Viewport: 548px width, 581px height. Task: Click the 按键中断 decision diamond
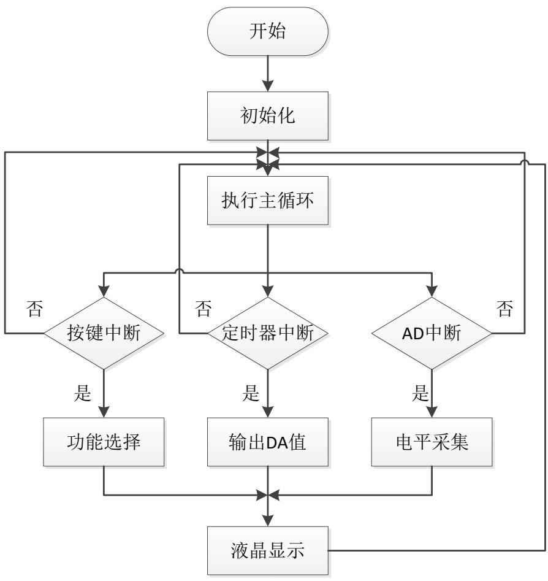click(x=104, y=334)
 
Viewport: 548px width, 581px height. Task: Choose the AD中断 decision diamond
click(x=432, y=334)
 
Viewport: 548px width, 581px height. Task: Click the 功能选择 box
click(x=104, y=442)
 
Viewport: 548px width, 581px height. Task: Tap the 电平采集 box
click(x=432, y=442)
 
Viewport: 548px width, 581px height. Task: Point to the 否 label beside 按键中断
click(x=35, y=309)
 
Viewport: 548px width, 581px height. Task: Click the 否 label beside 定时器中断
click(x=203, y=309)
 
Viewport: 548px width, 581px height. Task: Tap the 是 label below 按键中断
click(x=83, y=394)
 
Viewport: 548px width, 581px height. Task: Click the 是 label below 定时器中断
click(x=250, y=394)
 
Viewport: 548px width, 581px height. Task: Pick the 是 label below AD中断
click(x=419, y=394)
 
